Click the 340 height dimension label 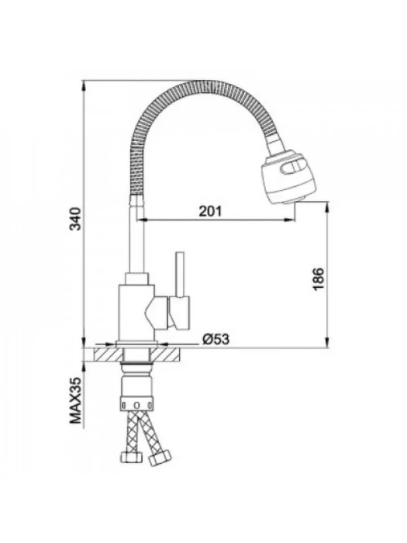[x=75, y=219]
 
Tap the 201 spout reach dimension [x=210, y=211]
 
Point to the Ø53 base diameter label [x=216, y=339]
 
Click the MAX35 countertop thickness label [x=75, y=400]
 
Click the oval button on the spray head [x=293, y=168]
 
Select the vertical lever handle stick [x=179, y=274]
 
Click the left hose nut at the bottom [x=131, y=457]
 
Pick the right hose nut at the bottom [x=160, y=458]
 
